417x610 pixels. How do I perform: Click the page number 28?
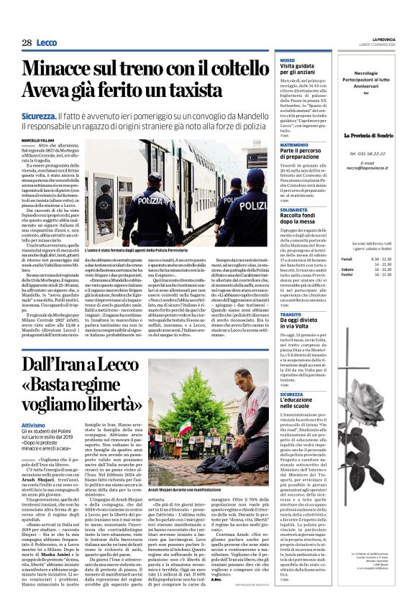coord(27,43)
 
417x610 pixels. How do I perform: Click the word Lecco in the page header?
coord(47,43)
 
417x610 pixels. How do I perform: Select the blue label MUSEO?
coord(288,60)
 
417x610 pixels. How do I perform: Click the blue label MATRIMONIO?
coord(294,144)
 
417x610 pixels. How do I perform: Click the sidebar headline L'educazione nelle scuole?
coord(302,400)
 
